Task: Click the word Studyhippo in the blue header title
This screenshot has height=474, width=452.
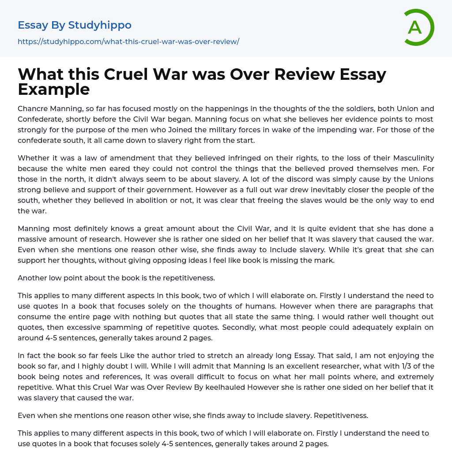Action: point(100,25)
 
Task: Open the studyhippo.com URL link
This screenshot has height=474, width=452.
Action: point(128,42)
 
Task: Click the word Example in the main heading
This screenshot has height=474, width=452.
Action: point(54,90)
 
